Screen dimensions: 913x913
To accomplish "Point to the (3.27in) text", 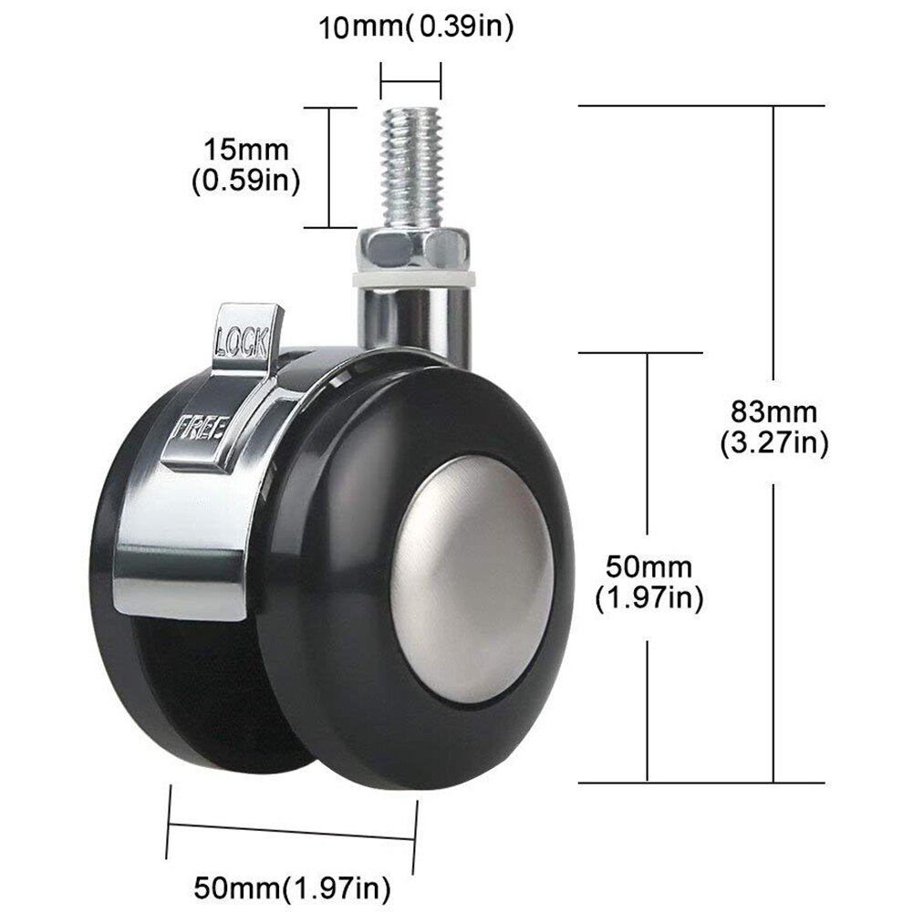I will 773,444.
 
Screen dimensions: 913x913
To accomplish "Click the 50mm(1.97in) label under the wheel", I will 292,885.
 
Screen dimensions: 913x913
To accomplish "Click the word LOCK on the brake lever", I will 241,343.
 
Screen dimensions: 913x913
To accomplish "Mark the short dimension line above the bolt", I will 410,79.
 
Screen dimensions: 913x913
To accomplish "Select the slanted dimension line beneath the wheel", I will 292,830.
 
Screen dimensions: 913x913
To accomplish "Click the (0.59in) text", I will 245,181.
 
